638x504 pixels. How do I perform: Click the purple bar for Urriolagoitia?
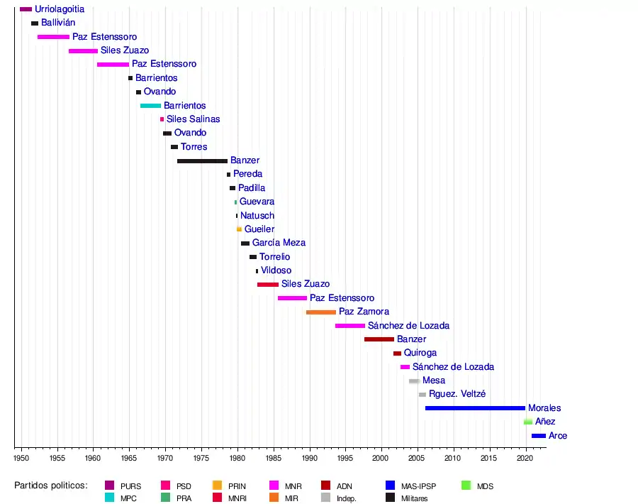click(x=26, y=9)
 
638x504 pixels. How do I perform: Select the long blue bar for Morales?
click(x=475, y=408)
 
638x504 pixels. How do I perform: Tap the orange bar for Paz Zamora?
click(x=321, y=312)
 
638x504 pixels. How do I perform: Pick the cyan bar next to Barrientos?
click(x=150, y=106)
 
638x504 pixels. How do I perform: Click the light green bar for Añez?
click(x=528, y=422)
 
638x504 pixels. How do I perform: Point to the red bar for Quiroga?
click(x=397, y=354)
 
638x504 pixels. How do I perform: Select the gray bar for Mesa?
click(x=414, y=381)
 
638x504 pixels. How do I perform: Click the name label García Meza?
click(x=279, y=243)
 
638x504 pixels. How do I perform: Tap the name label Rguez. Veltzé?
click(x=457, y=394)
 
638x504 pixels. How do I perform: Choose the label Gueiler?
click(x=259, y=229)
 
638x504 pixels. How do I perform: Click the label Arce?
click(x=558, y=436)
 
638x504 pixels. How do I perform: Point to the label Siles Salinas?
click(x=194, y=119)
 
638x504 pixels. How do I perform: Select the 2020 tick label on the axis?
click(x=525, y=459)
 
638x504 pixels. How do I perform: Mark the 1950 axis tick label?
click(x=21, y=459)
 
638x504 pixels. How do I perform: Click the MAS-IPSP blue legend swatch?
click(x=391, y=486)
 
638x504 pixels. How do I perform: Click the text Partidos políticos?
click(x=50, y=486)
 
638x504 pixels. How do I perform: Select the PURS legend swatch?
click(x=109, y=486)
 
